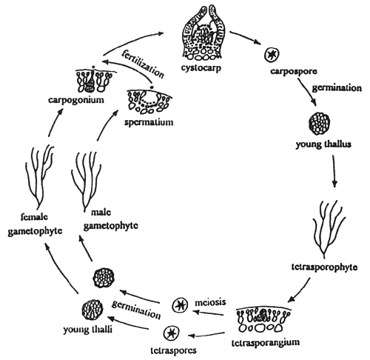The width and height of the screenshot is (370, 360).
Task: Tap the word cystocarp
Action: [203, 67]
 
